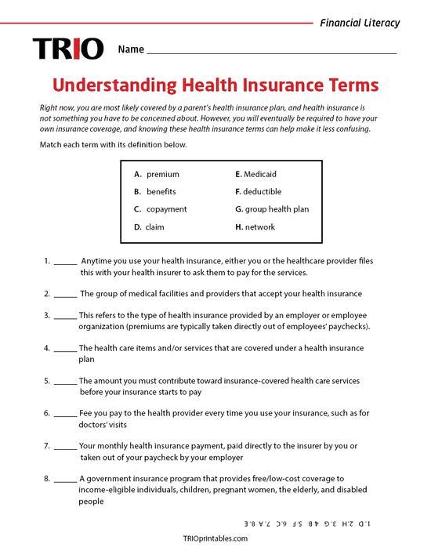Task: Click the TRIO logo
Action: (x=67, y=49)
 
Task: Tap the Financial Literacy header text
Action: (x=359, y=23)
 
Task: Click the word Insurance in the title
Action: (x=284, y=85)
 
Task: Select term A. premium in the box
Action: (x=157, y=174)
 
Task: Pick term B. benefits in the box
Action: (x=155, y=191)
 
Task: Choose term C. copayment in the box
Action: (x=161, y=209)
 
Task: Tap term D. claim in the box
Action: (x=149, y=226)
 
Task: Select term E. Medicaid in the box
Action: (x=255, y=174)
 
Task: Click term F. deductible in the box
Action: (x=258, y=191)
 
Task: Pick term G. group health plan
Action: (x=272, y=209)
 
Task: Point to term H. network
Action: (x=255, y=226)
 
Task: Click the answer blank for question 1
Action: (x=66, y=261)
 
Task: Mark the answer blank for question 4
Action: (x=66, y=348)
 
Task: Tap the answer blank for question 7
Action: (x=66, y=445)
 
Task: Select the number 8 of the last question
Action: (x=46, y=478)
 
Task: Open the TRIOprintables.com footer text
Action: (x=215, y=538)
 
